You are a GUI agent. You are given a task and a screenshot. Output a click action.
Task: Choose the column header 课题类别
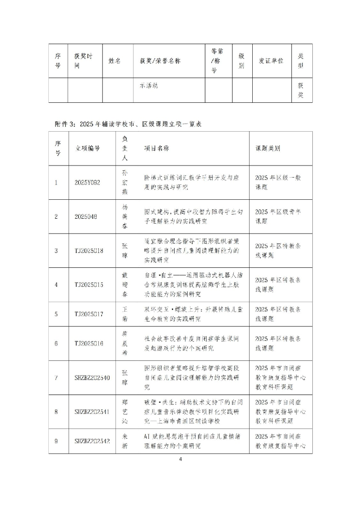tap(268, 148)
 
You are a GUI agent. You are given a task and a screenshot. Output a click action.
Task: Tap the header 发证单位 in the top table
tap(271, 61)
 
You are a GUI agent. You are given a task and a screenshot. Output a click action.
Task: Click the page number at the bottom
tap(180, 459)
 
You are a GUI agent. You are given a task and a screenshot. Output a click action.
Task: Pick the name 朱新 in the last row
tap(125, 441)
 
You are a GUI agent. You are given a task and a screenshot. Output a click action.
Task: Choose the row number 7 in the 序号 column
tap(56, 378)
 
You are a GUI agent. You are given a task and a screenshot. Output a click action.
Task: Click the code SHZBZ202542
tap(92, 441)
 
